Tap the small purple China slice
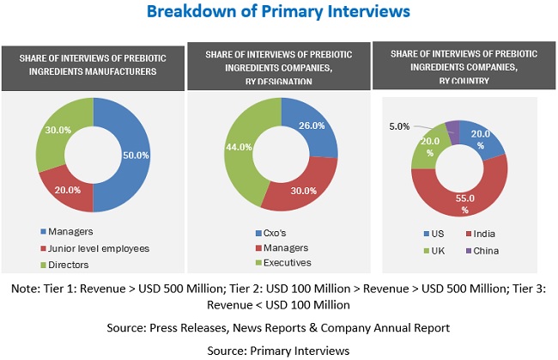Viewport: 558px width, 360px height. pos(453,126)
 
